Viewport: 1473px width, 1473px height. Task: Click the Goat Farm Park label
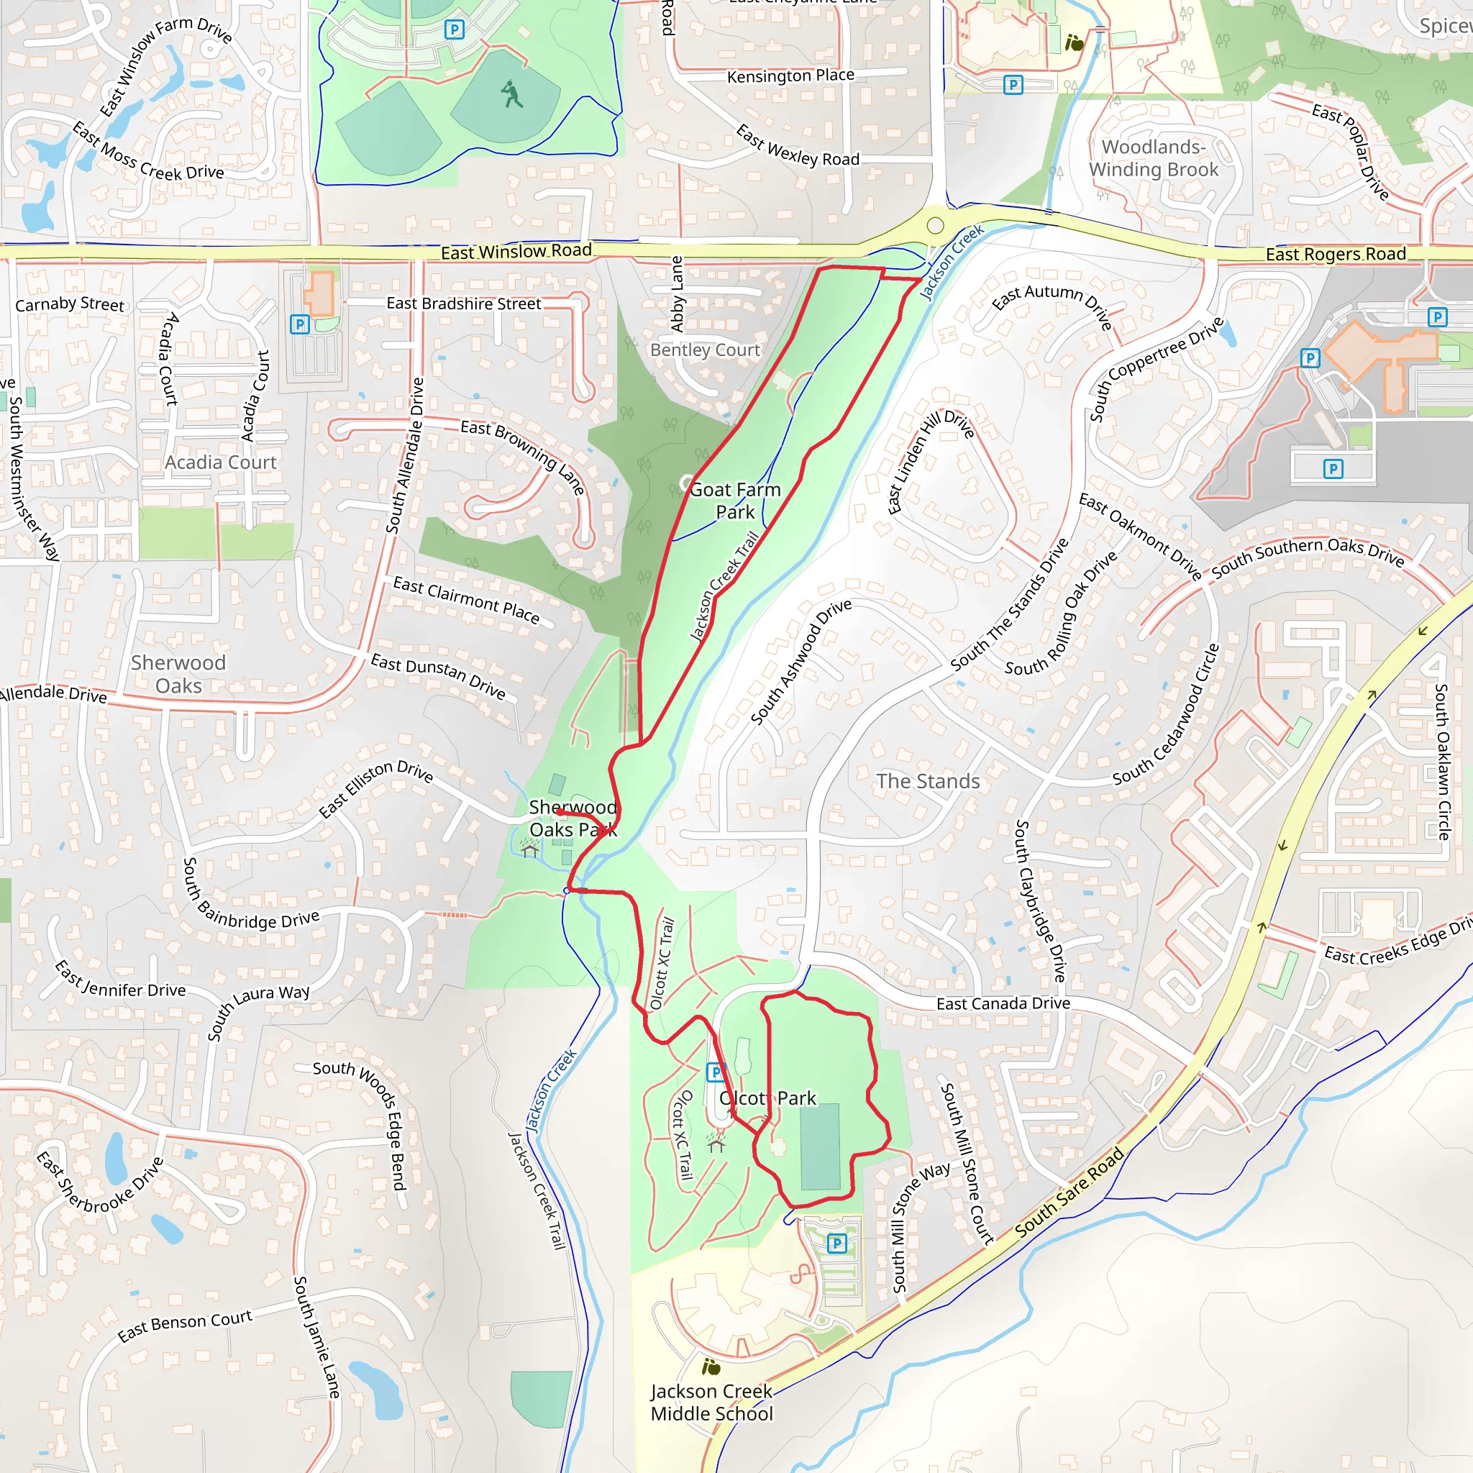coord(735,500)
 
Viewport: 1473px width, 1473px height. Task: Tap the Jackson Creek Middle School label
coord(711,1402)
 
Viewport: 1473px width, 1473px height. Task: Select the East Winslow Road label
coord(516,251)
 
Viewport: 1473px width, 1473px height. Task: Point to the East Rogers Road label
coord(1336,254)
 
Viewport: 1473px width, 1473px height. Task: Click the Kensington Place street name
coord(790,76)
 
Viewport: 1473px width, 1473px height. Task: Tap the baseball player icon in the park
coord(511,94)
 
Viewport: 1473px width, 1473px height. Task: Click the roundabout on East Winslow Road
coord(936,225)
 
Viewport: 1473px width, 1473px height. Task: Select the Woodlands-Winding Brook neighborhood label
coord(1153,158)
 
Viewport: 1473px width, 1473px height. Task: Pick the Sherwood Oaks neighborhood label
coord(178,674)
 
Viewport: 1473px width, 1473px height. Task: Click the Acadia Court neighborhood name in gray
coord(220,462)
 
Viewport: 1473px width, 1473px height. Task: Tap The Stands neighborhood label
coord(928,780)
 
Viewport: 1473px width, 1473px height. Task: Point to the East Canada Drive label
coord(1003,1003)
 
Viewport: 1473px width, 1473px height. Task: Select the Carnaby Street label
coord(69,304)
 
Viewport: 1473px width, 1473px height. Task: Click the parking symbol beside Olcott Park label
coord(715,1072)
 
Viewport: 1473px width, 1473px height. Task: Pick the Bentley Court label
coord(706,350)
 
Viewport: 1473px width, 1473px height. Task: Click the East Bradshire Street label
coord(464,304)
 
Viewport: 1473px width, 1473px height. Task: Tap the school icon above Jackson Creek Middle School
coord(711,1367)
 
